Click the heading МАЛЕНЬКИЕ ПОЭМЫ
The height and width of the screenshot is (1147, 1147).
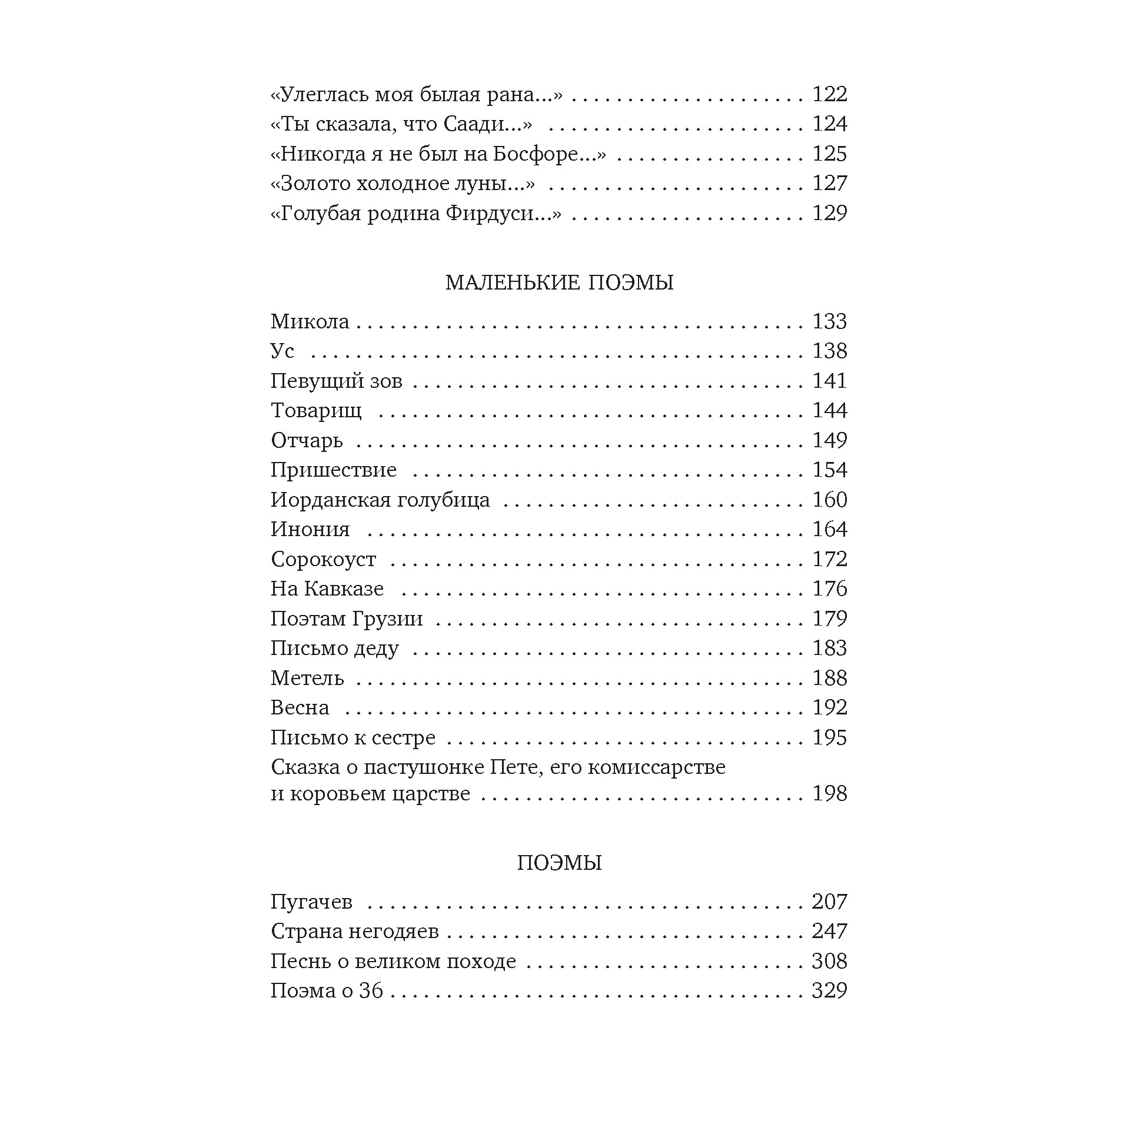point(559,282)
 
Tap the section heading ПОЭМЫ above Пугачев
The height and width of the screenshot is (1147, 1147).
point(559,863)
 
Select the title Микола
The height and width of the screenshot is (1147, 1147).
point(310,321)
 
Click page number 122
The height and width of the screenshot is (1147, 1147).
point(829,94)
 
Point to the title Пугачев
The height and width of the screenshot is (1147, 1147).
point(311,901)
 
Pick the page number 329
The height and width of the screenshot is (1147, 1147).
point(829,990)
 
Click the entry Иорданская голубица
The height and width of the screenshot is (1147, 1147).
point(380,499)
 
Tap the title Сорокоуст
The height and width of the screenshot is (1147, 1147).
point(324,558)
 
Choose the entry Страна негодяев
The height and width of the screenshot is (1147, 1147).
point(354,931)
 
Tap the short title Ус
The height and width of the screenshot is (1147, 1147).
point(282,351)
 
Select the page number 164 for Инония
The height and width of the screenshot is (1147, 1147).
point(829,529)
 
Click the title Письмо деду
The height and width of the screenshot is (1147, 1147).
point(334,648)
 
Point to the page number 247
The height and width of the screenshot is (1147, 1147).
point(829,931)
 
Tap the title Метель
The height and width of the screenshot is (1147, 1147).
point(307,677)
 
